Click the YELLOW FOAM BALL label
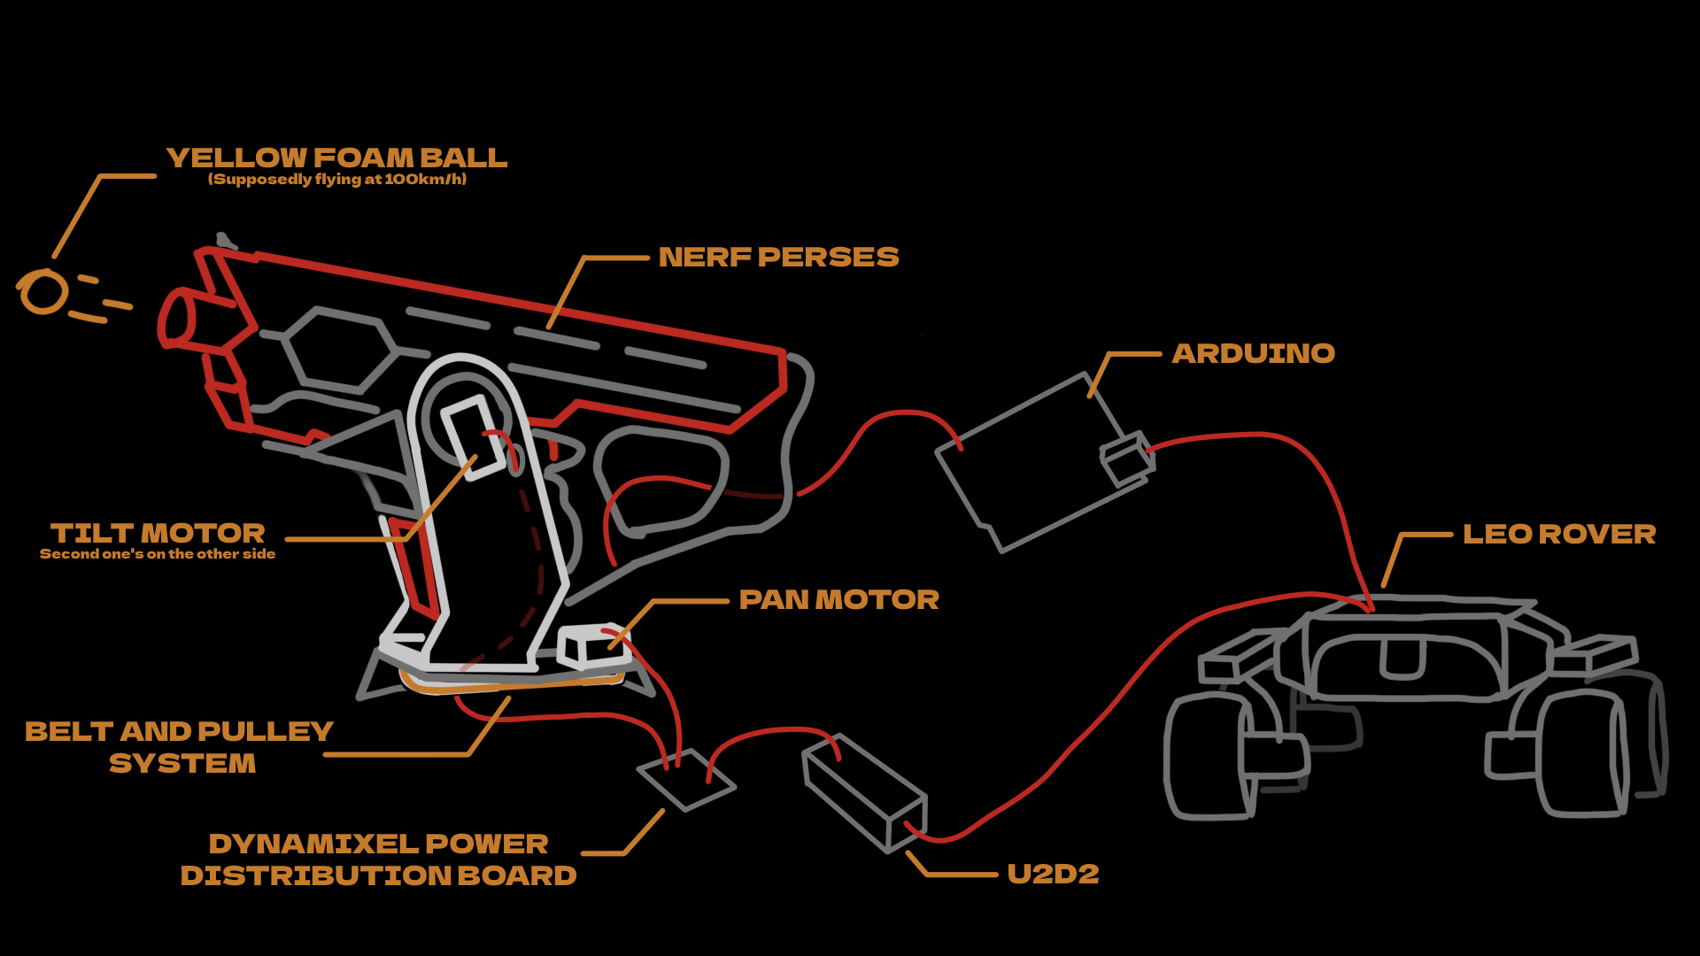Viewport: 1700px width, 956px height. (x=336, y=158)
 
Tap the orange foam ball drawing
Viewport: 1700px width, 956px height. (x=43, y=292)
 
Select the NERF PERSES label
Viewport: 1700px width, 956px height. (x=778, y=257)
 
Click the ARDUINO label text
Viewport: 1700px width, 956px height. (x=1253, y=353)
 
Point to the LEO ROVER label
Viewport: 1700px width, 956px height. (x=1558, y=534)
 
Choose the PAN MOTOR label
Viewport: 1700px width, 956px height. (x=838, y=599)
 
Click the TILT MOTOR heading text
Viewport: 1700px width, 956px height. (x=158, y=533)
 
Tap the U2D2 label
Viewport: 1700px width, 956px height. (x=1053, y=874)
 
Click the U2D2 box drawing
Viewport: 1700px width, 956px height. (x=863, y=793)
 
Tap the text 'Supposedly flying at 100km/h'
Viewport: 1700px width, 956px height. (x=336, y=179)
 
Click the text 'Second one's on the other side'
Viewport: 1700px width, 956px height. (x=158, y=554)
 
